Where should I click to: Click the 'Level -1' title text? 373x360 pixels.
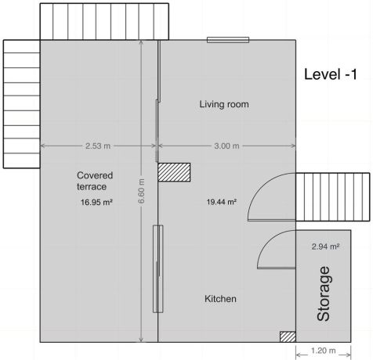pyautogui.click(x=331, y=74)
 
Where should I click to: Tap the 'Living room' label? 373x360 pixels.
pyautogui.click(x=224, y=104)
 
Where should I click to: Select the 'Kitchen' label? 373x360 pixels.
pyautogui.click(x=220, y=299)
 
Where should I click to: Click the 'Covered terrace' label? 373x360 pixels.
pyautogui.click(x=95, y=181)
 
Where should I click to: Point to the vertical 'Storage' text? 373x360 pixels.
pyautogui.click(x=324, y=293)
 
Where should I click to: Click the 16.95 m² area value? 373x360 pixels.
pyautogui.click(x=96, y=202)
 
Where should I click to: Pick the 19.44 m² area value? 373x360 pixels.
pyautogui.click(x=222, y=202)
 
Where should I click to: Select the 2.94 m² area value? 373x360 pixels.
pyautogui.click(x=325, y=247)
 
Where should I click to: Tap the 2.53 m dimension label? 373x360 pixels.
pyautogui.click(x=98, y=146)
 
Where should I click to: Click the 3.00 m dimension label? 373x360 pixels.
pyautogui.click(x=226, y=146)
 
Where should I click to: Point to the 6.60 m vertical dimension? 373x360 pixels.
pyautogui.click(x=141, y=191)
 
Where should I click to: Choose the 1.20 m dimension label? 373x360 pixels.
pyautogui.click(x=323, y=351)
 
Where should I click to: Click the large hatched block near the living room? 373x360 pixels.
pyautogui.click(x=174, y=172)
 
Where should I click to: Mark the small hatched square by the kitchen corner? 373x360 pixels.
pyautogui.click(x=288, y=337)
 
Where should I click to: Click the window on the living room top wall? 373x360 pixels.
pyautogui.click(x=228, y=40)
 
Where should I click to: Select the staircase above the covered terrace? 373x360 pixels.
pyautogui.click(x=104, y=22)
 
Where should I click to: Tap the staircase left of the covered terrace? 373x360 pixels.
pyautogui.click(x=22, y=104)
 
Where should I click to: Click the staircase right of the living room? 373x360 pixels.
pyautogui.click(x=333, y=197)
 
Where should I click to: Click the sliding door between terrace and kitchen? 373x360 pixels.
pyautogui.click(x=158, y=268)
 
